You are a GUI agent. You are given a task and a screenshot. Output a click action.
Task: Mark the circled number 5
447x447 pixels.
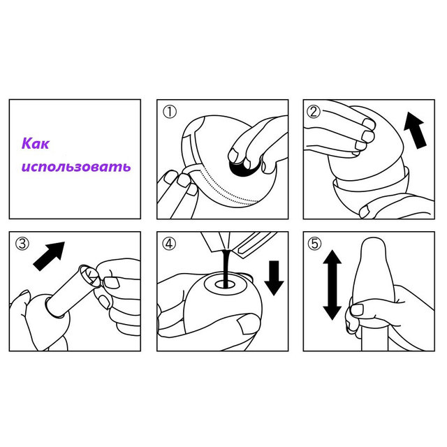(314, 244)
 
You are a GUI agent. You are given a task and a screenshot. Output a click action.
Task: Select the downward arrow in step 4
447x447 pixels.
(274, 278)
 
